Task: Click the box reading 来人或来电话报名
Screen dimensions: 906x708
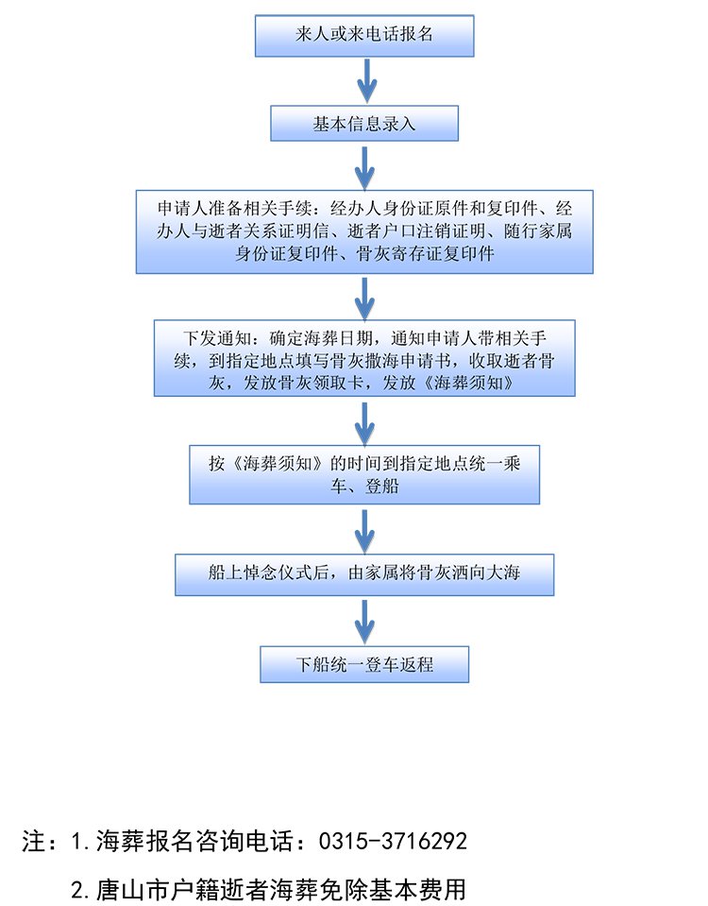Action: [x=364, y=35]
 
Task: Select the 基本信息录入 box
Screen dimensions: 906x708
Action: [x=364, y=124]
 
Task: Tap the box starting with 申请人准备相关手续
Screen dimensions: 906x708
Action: [x=364, y=231]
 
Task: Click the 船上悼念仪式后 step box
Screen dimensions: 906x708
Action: [x=364, y=573]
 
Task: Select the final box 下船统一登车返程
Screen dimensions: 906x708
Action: [x=364, y=663]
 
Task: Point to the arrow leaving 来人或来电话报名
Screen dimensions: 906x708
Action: [x=364, y=79]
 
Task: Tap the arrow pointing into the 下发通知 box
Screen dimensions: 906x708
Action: [x=364, y=297]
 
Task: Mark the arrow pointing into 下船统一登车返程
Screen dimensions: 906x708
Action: [x=364, y=621]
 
